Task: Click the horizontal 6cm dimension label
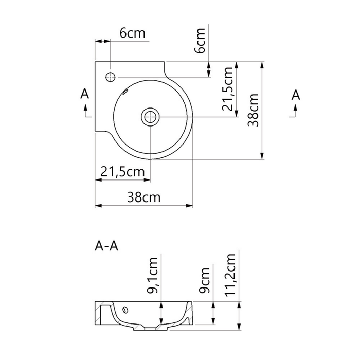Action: [x=133, y=33]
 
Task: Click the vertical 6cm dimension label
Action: [x=200, y=41]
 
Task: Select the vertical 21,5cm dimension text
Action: [x=227, y=89]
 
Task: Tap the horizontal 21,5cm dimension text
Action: [x=123, y=171]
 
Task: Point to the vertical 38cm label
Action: [x=253, y=110]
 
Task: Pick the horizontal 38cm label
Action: [x=144, y=197]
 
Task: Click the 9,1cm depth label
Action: [x=152, y=276]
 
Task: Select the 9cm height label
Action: [x=204, y=280]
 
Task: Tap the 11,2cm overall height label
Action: [x=230, y=275]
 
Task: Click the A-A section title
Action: [x=106, y=246]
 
